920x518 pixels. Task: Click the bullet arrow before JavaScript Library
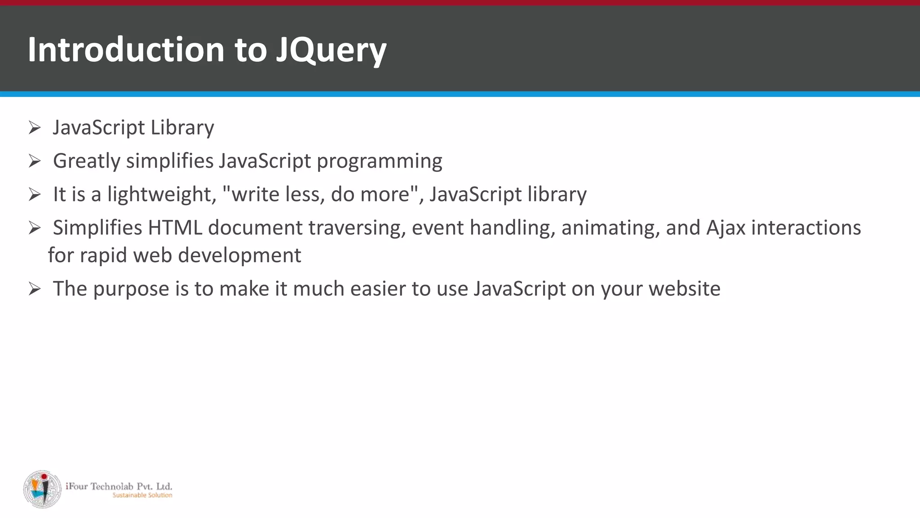[x=35, y=128]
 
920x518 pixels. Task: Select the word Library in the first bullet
[x=182, y=128]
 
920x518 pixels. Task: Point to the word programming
[x=379, y=161]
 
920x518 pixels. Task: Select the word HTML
[x=175, y=228]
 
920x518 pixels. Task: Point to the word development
[x=239, y=255]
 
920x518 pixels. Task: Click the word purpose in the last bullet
[x=131, y=289]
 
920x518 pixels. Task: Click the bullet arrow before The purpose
[x=35, y=289]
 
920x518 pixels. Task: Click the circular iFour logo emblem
[x=42, y=489]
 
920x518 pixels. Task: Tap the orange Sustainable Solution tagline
[x=142, y=495]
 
